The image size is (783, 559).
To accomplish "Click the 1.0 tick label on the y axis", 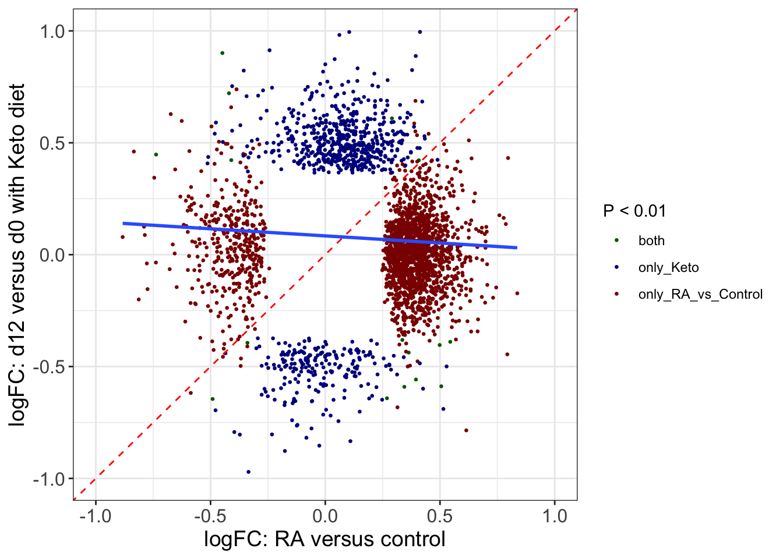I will point(52,31).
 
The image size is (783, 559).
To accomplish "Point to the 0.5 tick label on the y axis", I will point(52,143).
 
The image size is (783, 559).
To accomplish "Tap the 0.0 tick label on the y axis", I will point(52,255).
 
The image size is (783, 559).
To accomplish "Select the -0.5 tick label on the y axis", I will point(50,367).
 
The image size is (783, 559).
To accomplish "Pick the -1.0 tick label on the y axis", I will point(50,479).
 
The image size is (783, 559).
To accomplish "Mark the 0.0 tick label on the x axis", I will point(325,516).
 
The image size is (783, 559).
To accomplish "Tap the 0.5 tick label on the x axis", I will point(440,516).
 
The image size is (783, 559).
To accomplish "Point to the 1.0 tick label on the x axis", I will point(555,516).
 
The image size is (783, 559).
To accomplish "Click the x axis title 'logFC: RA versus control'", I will point(325,539).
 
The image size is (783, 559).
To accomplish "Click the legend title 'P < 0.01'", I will point(634,211).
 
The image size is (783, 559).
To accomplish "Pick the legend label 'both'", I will point(651,241).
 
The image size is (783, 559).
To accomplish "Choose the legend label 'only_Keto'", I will point(668,268).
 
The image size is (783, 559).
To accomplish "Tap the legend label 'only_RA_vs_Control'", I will point(700,295).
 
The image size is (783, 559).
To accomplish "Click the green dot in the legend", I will point(617,240).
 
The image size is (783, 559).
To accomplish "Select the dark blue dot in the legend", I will point(617,267).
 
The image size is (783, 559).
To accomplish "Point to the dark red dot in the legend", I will point(617,294).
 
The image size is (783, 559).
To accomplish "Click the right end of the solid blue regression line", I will point(517,248).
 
